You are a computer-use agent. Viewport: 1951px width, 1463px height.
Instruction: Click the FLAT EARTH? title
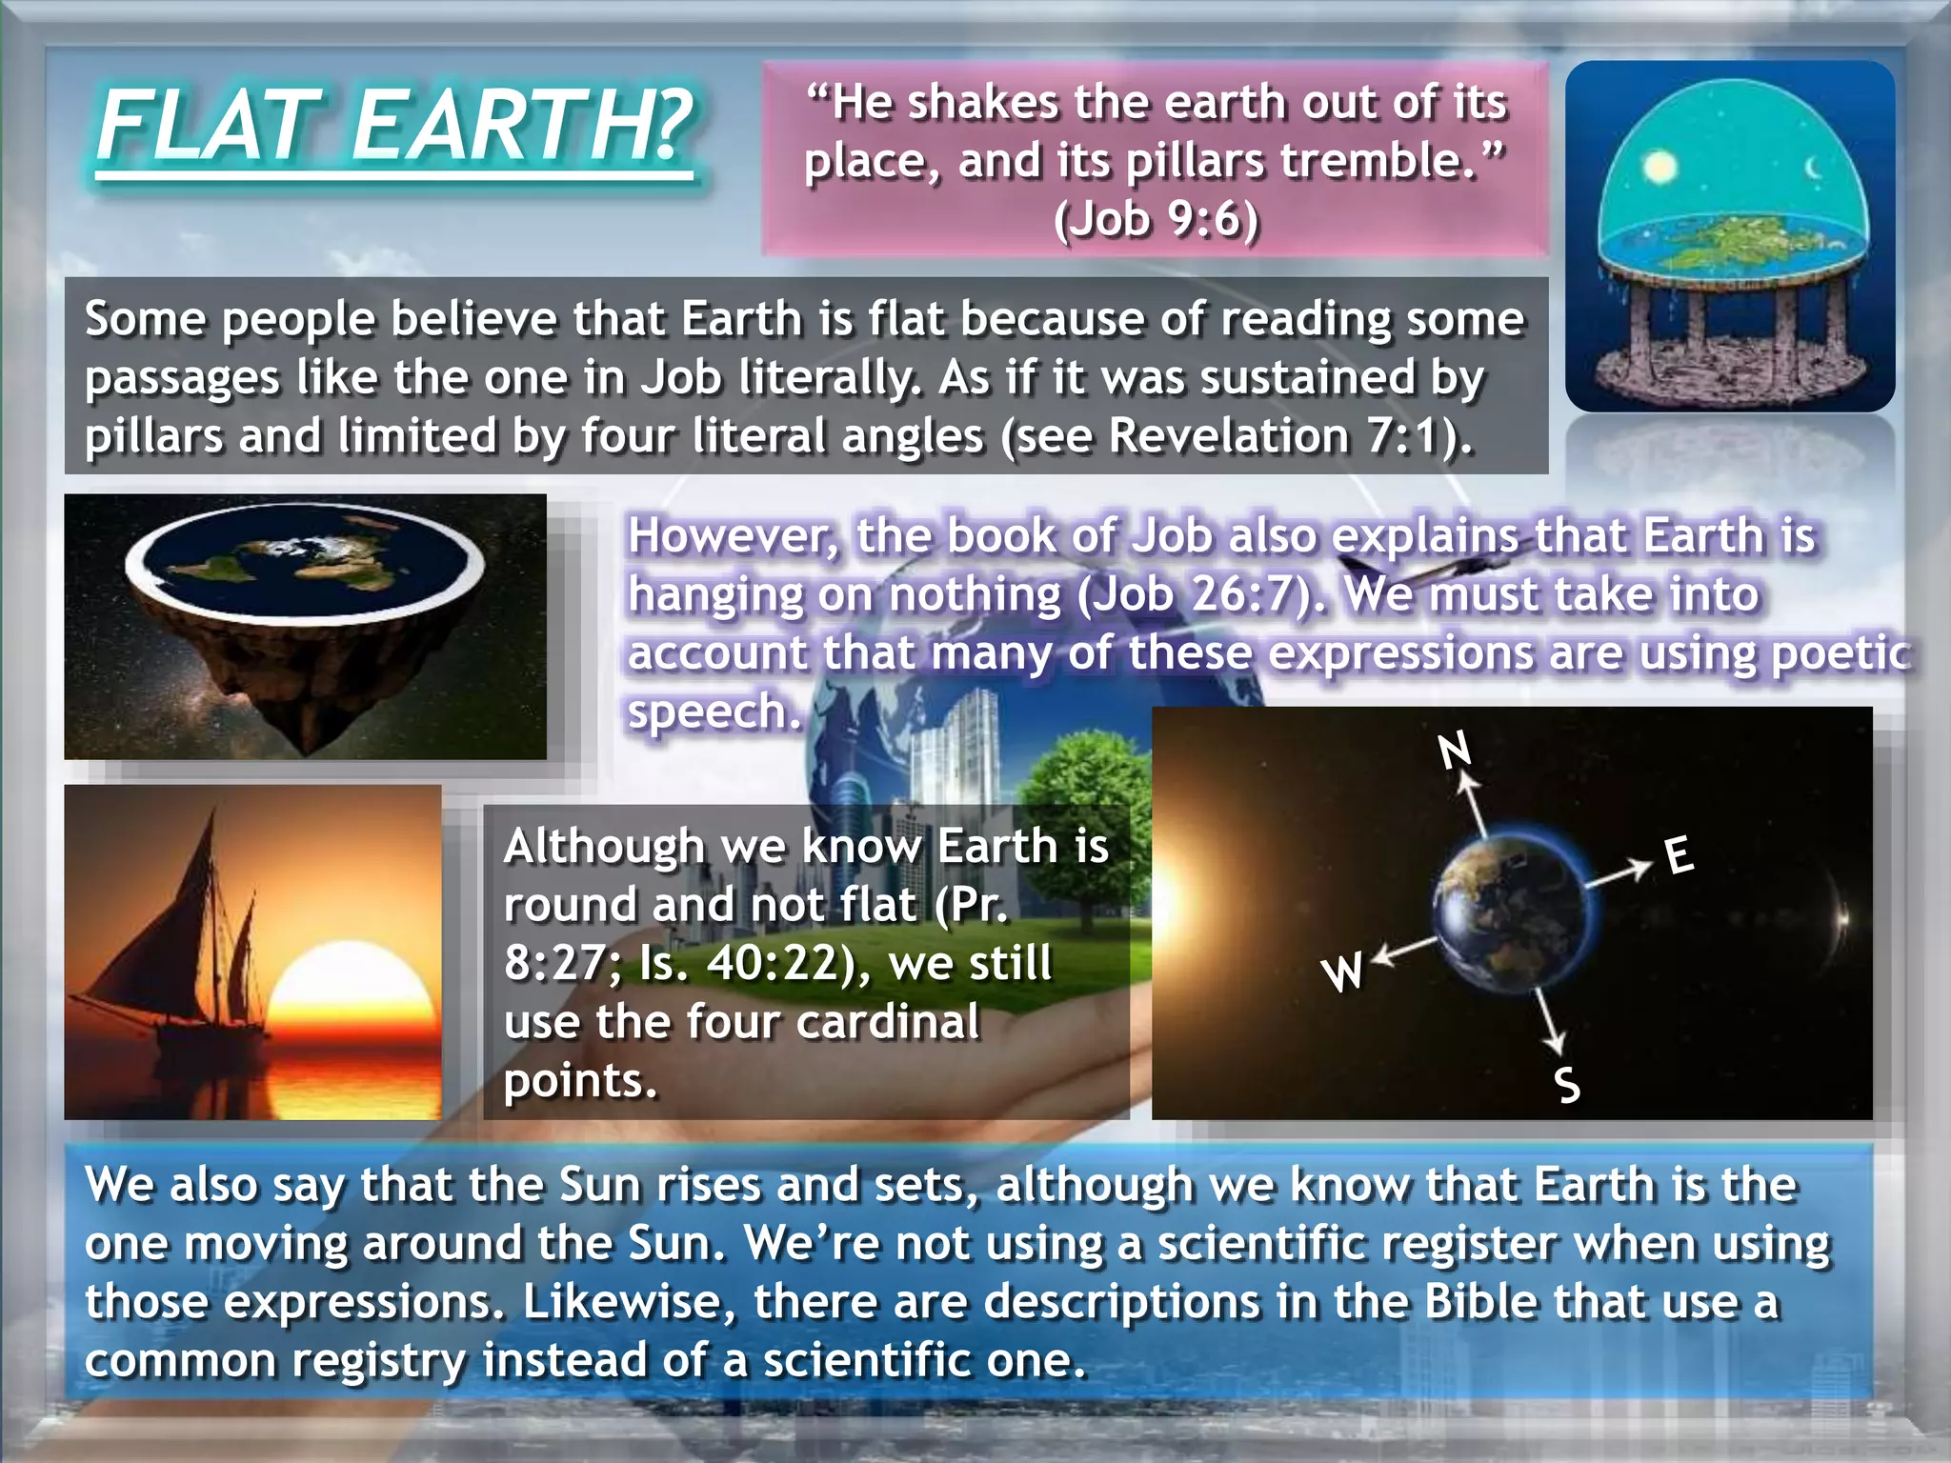point(395,126)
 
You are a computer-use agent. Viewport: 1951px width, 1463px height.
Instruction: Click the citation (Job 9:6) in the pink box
point(1156,219)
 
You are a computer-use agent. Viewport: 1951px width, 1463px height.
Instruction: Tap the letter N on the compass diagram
point(1455,752)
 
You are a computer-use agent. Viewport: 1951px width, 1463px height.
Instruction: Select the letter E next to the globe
point(1679,854)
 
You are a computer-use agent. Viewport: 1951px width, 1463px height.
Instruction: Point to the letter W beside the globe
point(1342,972)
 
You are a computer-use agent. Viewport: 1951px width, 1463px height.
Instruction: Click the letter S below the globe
point(1567,1085)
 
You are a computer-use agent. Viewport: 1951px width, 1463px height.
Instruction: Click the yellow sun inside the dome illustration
point(1660,169)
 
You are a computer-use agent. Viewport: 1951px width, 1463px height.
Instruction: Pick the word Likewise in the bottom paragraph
point(630,1302)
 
